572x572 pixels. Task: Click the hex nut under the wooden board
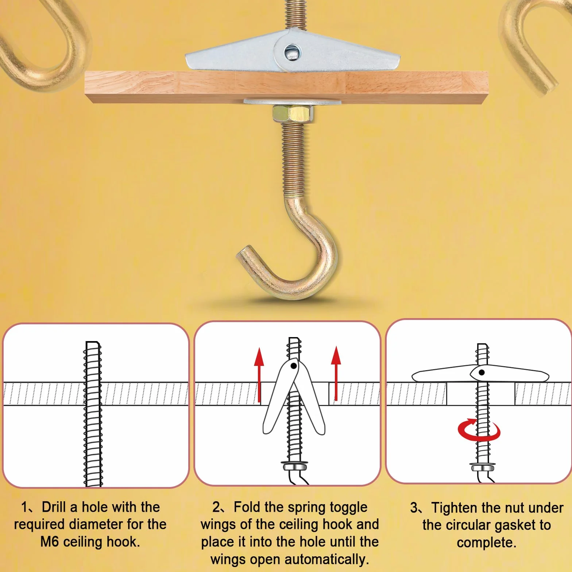292,113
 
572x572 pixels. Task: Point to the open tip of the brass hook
244,254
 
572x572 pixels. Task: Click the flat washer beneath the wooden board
292,101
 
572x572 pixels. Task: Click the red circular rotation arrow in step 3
479,430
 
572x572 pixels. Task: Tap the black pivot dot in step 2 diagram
293,366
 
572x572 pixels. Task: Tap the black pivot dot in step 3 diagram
482,372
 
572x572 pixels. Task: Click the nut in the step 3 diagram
483,467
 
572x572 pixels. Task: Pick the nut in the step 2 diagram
295,466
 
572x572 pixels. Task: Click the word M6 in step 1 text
50,542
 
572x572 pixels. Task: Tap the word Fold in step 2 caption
247,507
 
